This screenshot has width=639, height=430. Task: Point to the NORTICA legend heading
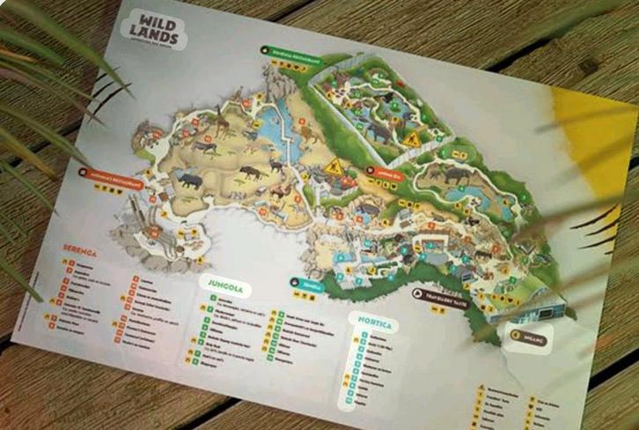373,322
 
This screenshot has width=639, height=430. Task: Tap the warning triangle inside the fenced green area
412,139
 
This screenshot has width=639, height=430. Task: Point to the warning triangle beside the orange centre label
332,167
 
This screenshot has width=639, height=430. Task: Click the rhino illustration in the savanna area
188,181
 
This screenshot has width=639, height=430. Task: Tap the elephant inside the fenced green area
378,132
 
